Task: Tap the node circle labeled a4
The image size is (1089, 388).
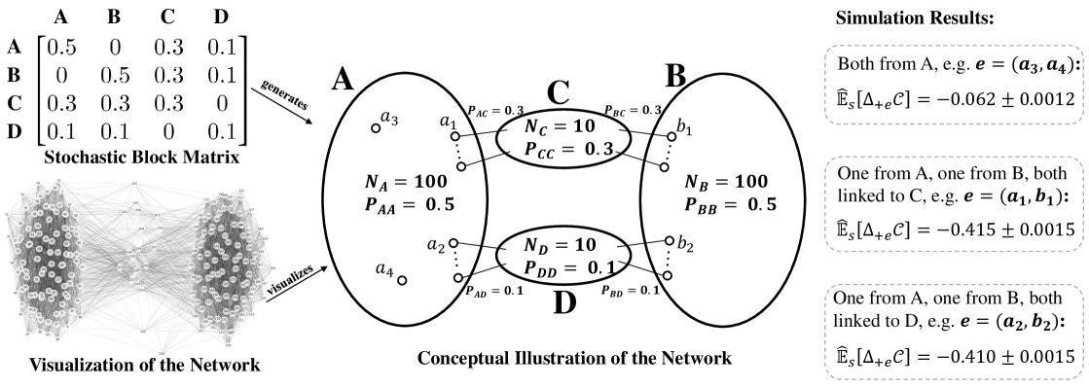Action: (x=401, y=281)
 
